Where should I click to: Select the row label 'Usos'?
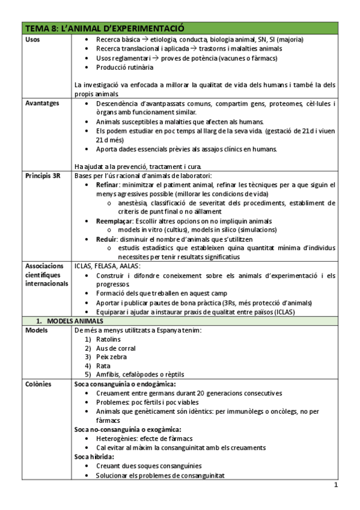tap(34, 39)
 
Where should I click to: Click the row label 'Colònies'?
tap(39, 384)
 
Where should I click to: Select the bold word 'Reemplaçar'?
tap(115, 221)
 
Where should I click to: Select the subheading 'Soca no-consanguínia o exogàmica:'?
tap(126, 429)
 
